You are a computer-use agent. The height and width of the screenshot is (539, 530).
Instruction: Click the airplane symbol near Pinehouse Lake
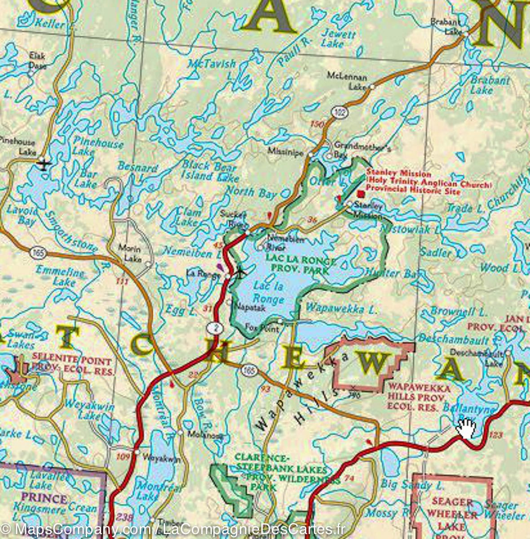pyautogui.click(x=44, y=164)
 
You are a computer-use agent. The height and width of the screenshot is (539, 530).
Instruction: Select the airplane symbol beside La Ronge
pyautogui.click(x=241, y=272)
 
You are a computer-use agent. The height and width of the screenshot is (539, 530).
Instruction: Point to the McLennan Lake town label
pyautogui.click(x=347, y=81)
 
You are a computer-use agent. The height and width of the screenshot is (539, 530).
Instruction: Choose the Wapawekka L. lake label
pyautogui.click(x=341, y=309)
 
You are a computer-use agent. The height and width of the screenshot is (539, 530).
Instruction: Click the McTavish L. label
pyautogui.click(x=212, y=69)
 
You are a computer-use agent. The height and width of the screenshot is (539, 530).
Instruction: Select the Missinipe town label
pyautogui.click(x=285, y=152)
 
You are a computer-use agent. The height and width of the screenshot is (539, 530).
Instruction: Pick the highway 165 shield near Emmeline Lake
pyautogui.click(x=38, y=252)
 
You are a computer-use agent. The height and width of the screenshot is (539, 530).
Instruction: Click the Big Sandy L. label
pyautogui.click(x=412, y=484)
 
